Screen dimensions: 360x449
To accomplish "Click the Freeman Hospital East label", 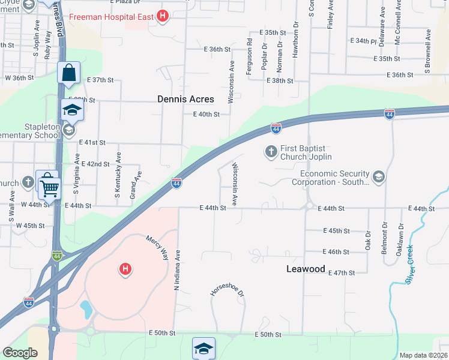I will [x=112, y=16].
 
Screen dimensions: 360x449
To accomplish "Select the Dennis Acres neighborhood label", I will [x=185, y=100].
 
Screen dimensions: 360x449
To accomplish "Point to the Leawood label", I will [x=305, y=269].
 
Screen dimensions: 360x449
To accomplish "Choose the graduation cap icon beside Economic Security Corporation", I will [x=378, y=176].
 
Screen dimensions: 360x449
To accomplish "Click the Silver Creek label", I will [x=409, y=264].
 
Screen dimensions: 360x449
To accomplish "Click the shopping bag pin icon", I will [x=69, y=73].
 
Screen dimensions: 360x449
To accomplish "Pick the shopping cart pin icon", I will [x=49, y=187].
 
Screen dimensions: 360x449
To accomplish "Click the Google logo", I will [x=20, y=353].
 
